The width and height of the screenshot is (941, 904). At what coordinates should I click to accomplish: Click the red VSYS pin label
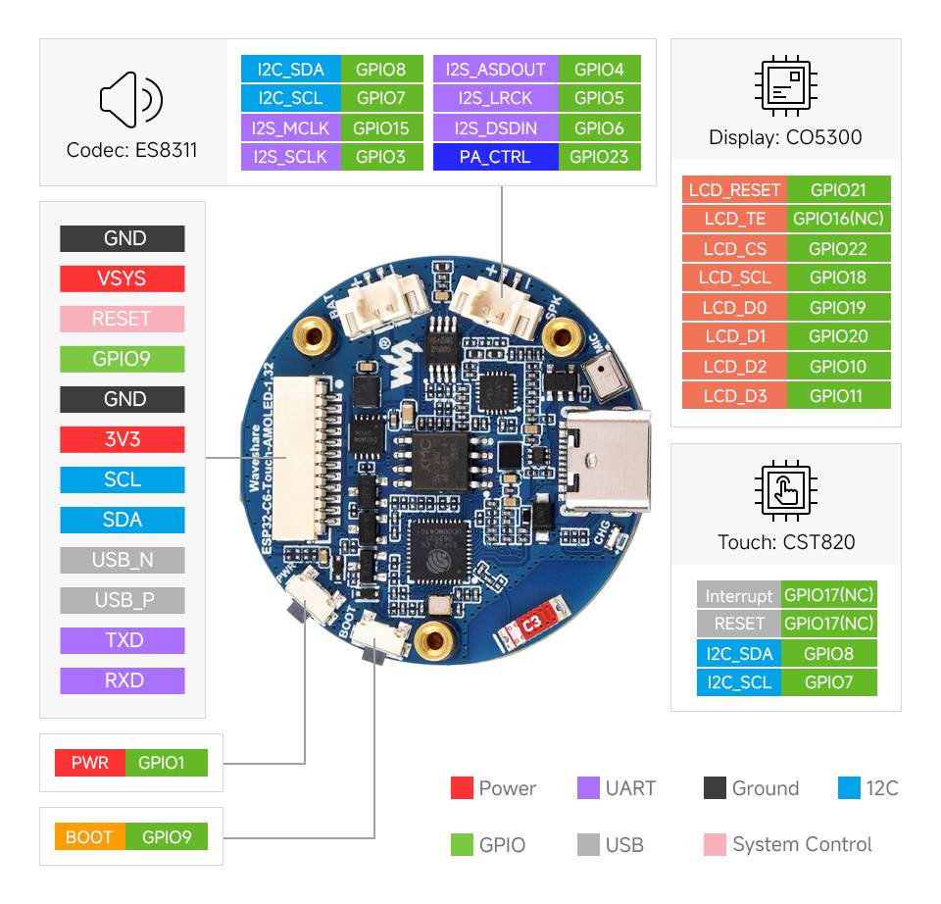pos(122,278)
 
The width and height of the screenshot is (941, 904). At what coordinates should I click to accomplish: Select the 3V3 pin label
pos(122,439)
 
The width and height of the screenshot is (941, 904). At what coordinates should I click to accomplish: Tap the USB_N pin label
pos(122,560)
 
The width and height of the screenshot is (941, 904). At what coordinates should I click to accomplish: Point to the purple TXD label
pos(122,640)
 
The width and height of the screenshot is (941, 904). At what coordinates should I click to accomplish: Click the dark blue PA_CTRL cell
pos(495,157)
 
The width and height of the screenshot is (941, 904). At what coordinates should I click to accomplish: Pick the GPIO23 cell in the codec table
pos(599,157)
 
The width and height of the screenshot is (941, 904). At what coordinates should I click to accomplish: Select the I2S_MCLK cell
pos(290,127)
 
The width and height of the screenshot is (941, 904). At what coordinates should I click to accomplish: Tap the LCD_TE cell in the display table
pos(734,220)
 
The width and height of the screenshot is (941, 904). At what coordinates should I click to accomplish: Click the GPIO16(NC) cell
pos(838,220)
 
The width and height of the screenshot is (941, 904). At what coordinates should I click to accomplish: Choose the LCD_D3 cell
pos(734,396)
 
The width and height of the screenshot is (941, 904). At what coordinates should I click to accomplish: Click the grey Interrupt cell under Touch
pos(739,595)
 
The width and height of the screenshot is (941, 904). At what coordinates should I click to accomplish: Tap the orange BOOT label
pos(89,837)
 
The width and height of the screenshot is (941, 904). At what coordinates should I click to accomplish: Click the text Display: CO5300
pos(785,137)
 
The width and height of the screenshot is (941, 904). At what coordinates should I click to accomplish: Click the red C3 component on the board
pos(530,623)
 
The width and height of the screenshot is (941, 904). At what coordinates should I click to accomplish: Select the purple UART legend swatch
pos(588,788)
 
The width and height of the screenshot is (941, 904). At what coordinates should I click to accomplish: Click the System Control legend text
pos(802,844)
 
